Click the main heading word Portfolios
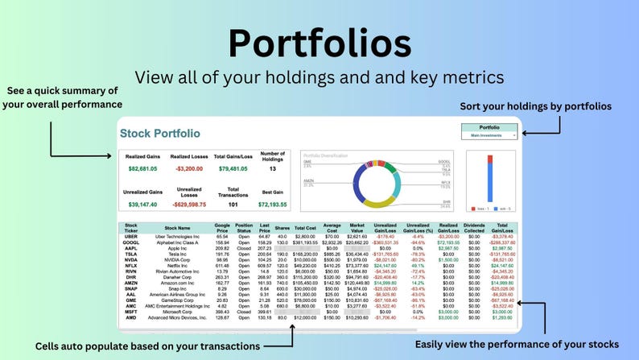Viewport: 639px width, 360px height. (319, 42)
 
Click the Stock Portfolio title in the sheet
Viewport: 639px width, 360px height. (160, 133)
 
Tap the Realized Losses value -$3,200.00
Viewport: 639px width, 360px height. (189, 169)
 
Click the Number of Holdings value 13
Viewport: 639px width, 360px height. (273, 169)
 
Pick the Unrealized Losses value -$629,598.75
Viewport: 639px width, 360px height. (189, 205)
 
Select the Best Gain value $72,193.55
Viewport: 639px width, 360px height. (273, 205)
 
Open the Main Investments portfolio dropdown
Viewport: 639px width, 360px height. (490, 136)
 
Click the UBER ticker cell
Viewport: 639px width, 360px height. (132, 236)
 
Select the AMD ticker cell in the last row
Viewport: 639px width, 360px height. (132, 317)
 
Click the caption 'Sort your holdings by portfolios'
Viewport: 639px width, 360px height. (535, 106)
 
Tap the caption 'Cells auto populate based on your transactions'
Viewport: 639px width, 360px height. (147, 346)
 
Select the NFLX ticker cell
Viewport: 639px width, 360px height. (132, 264)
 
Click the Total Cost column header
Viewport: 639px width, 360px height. (305, 227)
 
